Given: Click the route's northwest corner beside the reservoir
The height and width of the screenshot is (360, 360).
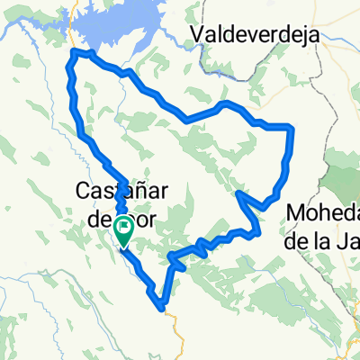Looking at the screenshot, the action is [x=75, y=55].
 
